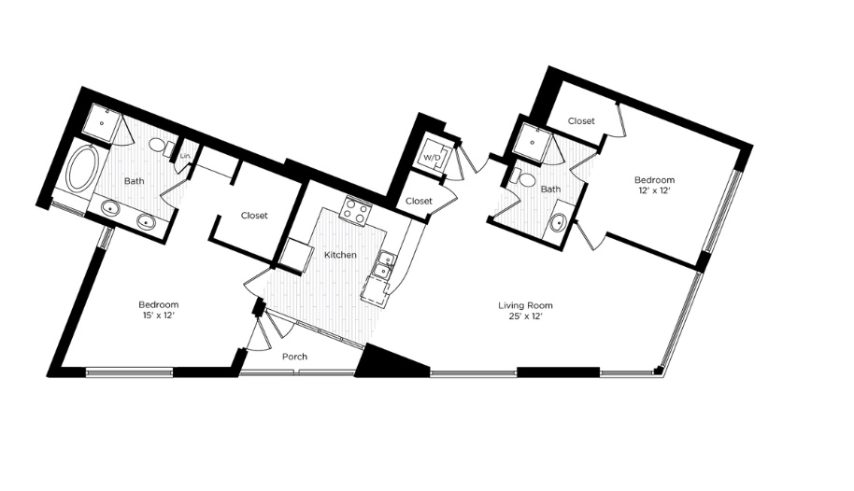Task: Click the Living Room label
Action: point(526,305)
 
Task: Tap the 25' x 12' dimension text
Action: point(526,316)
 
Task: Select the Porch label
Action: point(294,357)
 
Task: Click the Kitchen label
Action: point(340,255)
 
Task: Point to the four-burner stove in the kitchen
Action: point(355,210)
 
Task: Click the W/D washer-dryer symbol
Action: point(432,157)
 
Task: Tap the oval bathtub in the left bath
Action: point(82,168)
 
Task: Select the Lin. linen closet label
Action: point(185,156)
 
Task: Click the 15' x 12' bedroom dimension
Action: point(159,316)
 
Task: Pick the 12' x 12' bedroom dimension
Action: point(654,190)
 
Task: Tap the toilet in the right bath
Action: point(523,177)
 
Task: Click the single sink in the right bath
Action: point(559,222)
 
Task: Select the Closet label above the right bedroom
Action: point(581,120)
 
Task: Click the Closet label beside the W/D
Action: point(419,201)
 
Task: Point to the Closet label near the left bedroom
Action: point(254,216)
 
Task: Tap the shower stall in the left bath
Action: point(102,122)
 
